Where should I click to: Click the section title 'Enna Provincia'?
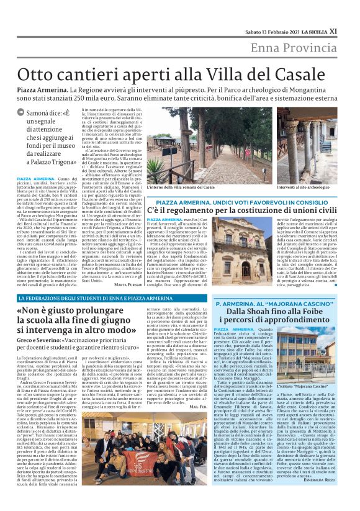(294, 49)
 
